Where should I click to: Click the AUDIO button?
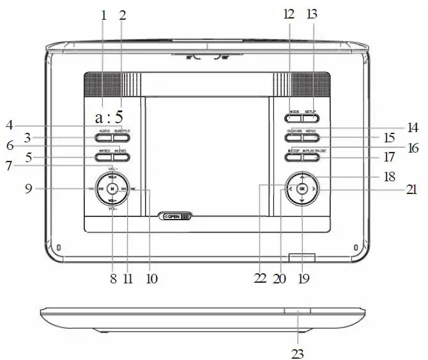(x=104, y=137)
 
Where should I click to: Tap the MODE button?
(x=294, y=117)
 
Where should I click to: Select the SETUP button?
(x=310, y=117)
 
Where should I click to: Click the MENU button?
(x=310, y=137)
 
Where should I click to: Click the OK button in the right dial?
(x=302, y=188)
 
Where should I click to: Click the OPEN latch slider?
(x=174, y=216)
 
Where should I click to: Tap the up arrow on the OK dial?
(x=302, y=176)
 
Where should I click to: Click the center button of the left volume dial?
(x=112, y=189)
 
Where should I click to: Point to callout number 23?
(x=298, y=352)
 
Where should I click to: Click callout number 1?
(x=103, y=15)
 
